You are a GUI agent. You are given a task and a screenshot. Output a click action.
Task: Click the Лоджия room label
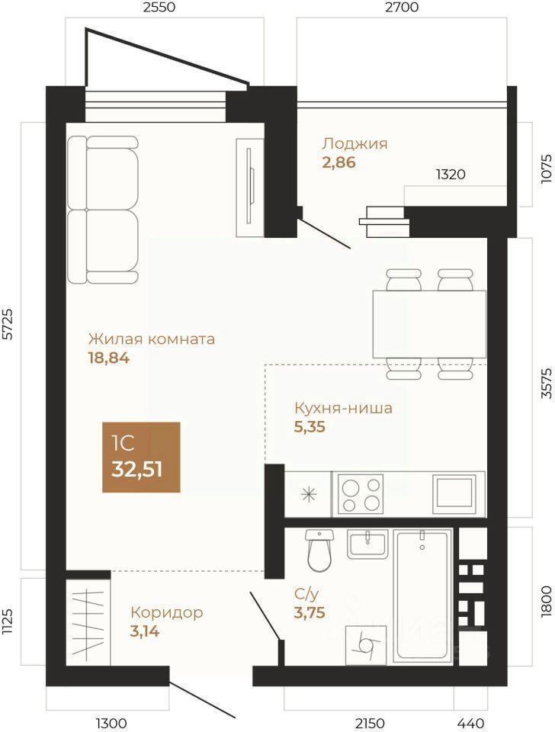click(x=354, y=143)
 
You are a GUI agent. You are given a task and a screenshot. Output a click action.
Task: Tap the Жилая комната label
click(x=152, y=339)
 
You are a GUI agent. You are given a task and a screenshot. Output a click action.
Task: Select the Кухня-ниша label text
click(x=343, y=408)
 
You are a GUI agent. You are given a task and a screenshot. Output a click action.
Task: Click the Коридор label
click(x=167, y=612)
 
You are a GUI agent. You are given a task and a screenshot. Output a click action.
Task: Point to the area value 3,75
click(x=310, y=612)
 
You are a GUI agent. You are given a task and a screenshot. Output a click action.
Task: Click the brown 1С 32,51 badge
click(x=141, y=457)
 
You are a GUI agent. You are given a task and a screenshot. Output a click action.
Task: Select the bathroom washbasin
click(x=367, y=544)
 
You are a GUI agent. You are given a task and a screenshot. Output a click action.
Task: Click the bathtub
click(x=423, y=596)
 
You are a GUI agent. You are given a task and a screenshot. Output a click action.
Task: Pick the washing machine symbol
click(x=366, y=645)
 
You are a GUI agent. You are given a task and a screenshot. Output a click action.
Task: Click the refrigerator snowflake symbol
click(x=308, y=494)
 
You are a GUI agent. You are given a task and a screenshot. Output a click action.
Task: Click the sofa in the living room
click(x=103, y=210)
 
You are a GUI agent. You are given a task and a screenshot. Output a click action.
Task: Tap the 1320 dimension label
click(x=451, y=174)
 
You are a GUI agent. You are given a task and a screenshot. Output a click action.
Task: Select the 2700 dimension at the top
click(x=402, y=7)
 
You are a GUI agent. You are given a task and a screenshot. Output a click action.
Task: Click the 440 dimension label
click(x=470, y=723)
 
